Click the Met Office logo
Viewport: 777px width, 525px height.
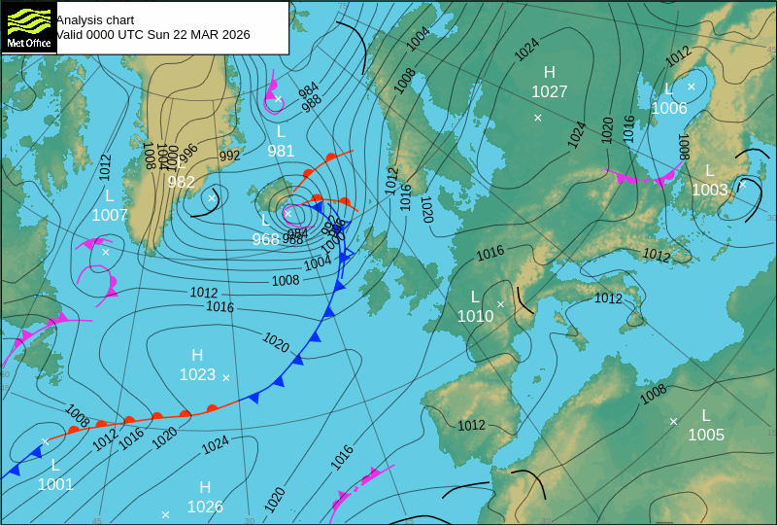pos(27,27)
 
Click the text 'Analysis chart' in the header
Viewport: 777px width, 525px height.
pos(95,19)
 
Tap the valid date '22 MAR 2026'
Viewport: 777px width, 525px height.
pos(194,35)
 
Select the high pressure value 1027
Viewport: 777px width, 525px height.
pos(549,91)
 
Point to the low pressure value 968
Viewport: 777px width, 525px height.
pos(265,239)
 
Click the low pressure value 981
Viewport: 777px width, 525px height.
pos(281,151)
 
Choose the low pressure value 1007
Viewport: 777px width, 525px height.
pos(110,215)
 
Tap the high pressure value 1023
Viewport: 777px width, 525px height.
pos(197,374)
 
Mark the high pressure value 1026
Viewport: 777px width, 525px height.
pos(205,507)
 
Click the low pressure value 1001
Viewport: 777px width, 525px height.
pos(55,484)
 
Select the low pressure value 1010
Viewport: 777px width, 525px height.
pos(475,316)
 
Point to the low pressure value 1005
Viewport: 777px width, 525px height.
pos(706,435)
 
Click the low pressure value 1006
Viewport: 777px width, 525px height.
pos(669,108)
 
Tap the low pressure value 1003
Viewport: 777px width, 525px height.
pos(710,190)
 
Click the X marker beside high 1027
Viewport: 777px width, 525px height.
pos(537,118)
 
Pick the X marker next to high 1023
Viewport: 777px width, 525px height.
pos(226,377)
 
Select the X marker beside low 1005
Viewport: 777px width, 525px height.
pos(673,421)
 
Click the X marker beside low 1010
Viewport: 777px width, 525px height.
pos(501,304)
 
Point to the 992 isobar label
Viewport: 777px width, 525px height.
pos(229,156)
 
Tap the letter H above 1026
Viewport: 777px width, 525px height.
pos(205,487)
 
